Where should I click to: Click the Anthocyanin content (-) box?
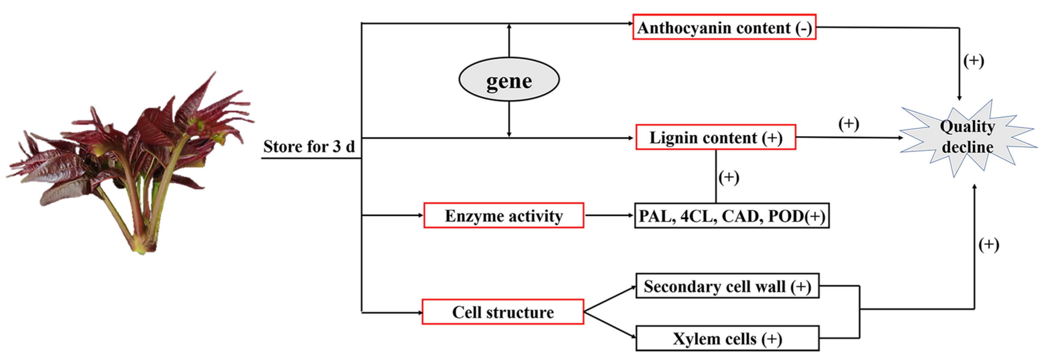724,27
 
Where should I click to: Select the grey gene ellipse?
509,79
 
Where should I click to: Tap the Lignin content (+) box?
715,137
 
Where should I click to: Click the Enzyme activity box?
503,215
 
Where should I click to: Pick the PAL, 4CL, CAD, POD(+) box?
731,216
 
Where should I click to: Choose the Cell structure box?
503,312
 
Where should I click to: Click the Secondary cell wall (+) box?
727,286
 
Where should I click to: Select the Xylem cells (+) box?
727,338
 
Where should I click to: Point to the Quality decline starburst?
967,137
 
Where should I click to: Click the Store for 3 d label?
309,146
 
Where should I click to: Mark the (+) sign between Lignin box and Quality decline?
848,124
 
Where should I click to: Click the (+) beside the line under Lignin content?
728,177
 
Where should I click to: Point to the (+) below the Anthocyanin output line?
974,61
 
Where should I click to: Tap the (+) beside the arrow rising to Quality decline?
989,244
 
